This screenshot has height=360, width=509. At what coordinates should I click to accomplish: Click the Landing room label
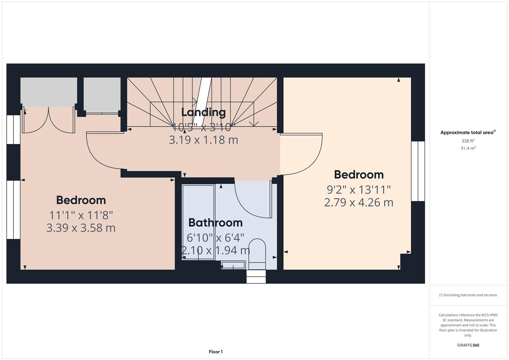203,112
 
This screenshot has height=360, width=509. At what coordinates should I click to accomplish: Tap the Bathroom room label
215,222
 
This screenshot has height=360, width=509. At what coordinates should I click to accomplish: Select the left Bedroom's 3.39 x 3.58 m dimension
81,228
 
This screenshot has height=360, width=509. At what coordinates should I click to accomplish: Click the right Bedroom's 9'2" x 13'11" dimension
359,190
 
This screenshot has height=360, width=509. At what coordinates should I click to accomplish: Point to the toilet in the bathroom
257,254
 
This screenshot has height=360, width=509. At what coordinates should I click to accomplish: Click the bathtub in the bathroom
198,222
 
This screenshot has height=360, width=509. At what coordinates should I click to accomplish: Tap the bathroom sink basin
233,265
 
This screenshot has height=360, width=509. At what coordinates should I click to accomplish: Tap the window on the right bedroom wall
418,171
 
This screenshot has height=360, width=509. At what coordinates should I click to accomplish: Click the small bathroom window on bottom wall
256,277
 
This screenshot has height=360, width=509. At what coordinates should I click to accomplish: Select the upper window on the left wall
14,130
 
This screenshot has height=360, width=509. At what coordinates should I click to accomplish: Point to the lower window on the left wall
14,210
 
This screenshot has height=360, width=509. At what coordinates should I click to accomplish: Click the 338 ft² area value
468,141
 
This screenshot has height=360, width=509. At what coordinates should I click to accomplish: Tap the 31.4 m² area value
468,148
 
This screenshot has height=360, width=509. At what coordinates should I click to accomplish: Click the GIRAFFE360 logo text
468,345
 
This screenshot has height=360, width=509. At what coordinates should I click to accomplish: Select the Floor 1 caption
216,352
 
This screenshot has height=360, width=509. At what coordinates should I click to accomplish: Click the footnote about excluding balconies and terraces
468,295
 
